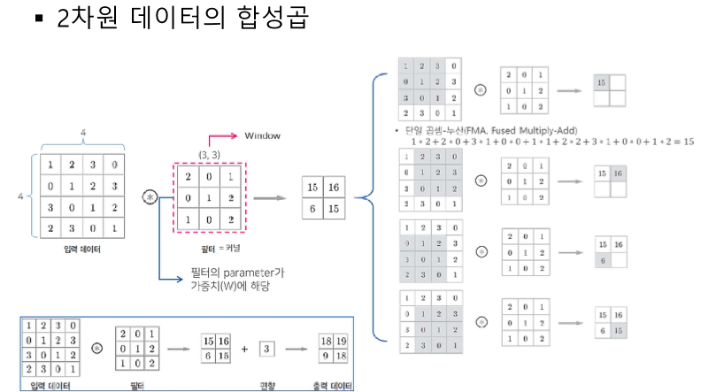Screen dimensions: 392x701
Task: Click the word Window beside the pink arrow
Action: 263,135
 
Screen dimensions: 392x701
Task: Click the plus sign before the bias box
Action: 243,350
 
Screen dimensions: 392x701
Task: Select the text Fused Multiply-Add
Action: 529,130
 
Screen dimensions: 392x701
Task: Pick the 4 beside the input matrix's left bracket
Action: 20,190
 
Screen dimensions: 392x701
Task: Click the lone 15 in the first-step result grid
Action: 603,82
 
